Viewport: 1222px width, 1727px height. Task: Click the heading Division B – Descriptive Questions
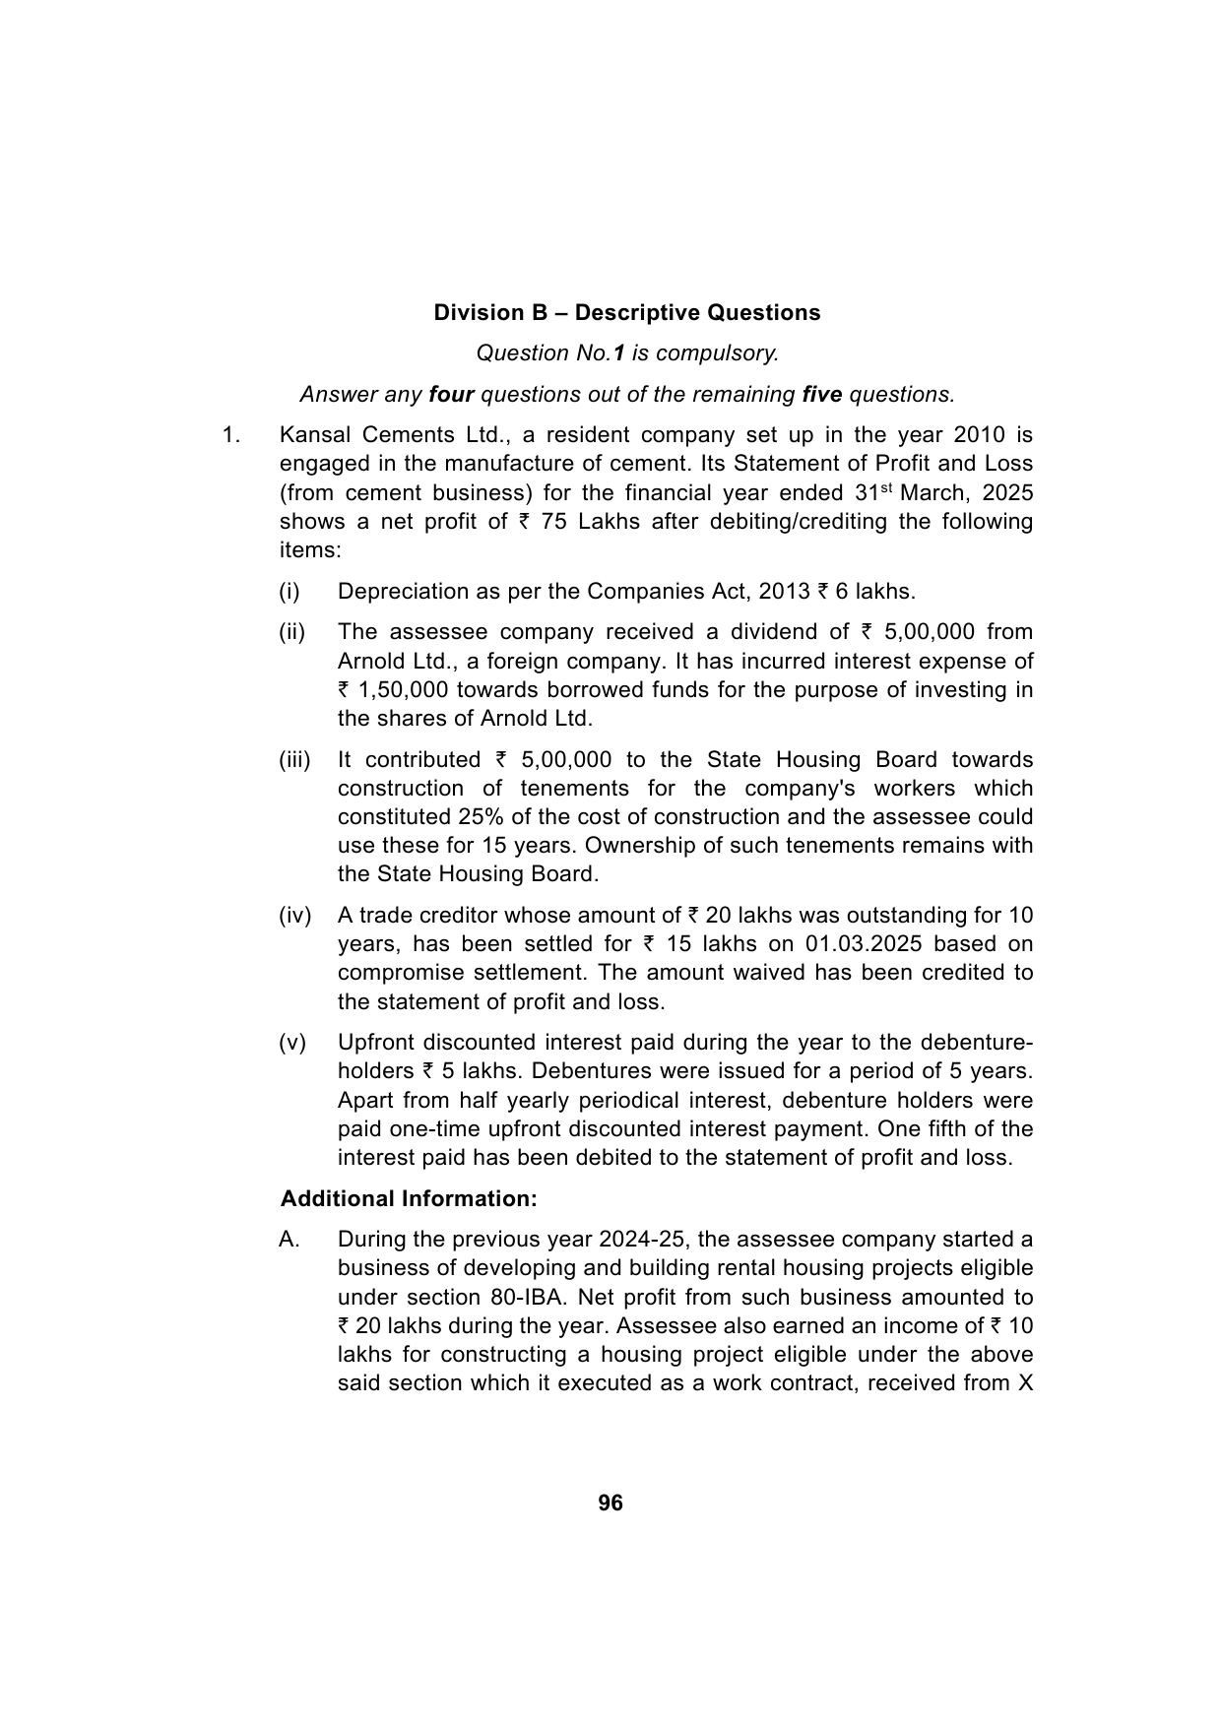tap(626, 313)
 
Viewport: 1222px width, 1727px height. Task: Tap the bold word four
tap(452, 395)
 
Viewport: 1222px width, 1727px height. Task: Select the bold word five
tap(822, 395)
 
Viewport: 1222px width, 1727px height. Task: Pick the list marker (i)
tap(289, 592)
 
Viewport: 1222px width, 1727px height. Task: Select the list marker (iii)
tap(294, 760)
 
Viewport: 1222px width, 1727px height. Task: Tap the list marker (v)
tap(292, 1043)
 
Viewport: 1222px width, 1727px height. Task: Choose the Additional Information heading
tap(409, 1199)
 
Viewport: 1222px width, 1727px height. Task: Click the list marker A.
tap(289, 1240)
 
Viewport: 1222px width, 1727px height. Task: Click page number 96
tap(611, 1503)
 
